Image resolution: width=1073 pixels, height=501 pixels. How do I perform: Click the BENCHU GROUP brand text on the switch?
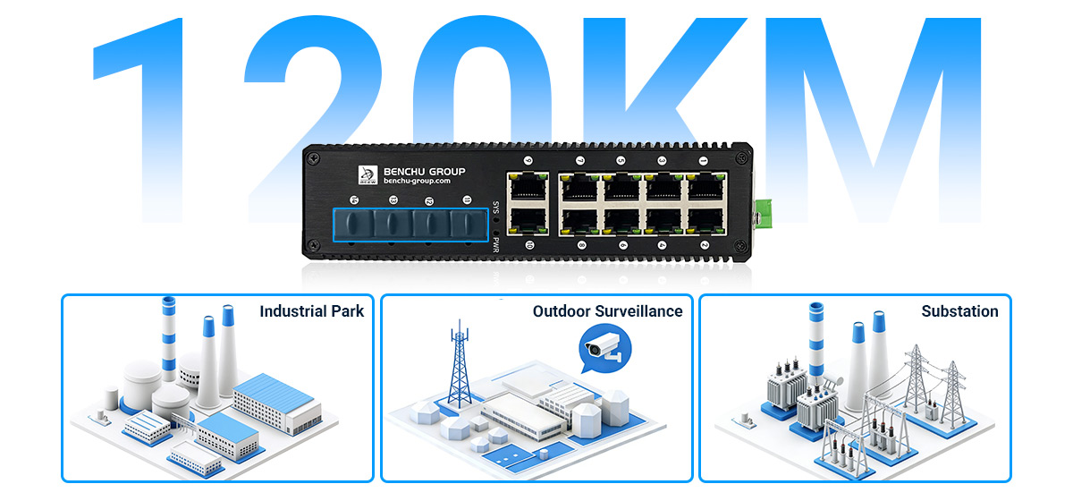pyautogui.click(x=424, y=171)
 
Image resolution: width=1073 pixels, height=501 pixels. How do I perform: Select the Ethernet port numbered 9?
pyautogui.click(x=527, y=187)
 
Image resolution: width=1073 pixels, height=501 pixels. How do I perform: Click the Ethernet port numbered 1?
pyautogui.click(x=703, y=187)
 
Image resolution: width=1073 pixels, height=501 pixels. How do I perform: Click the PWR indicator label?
pyautogui.click(x=496, y=244)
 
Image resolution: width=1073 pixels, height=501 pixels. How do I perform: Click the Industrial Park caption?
pyautogui.click(x=311, y=311)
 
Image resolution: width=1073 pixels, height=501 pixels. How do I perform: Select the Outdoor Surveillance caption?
pyautogui.click(x=607, y=311)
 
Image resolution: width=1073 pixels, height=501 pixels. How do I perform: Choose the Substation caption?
pyautogui.click(x=959, y=311)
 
